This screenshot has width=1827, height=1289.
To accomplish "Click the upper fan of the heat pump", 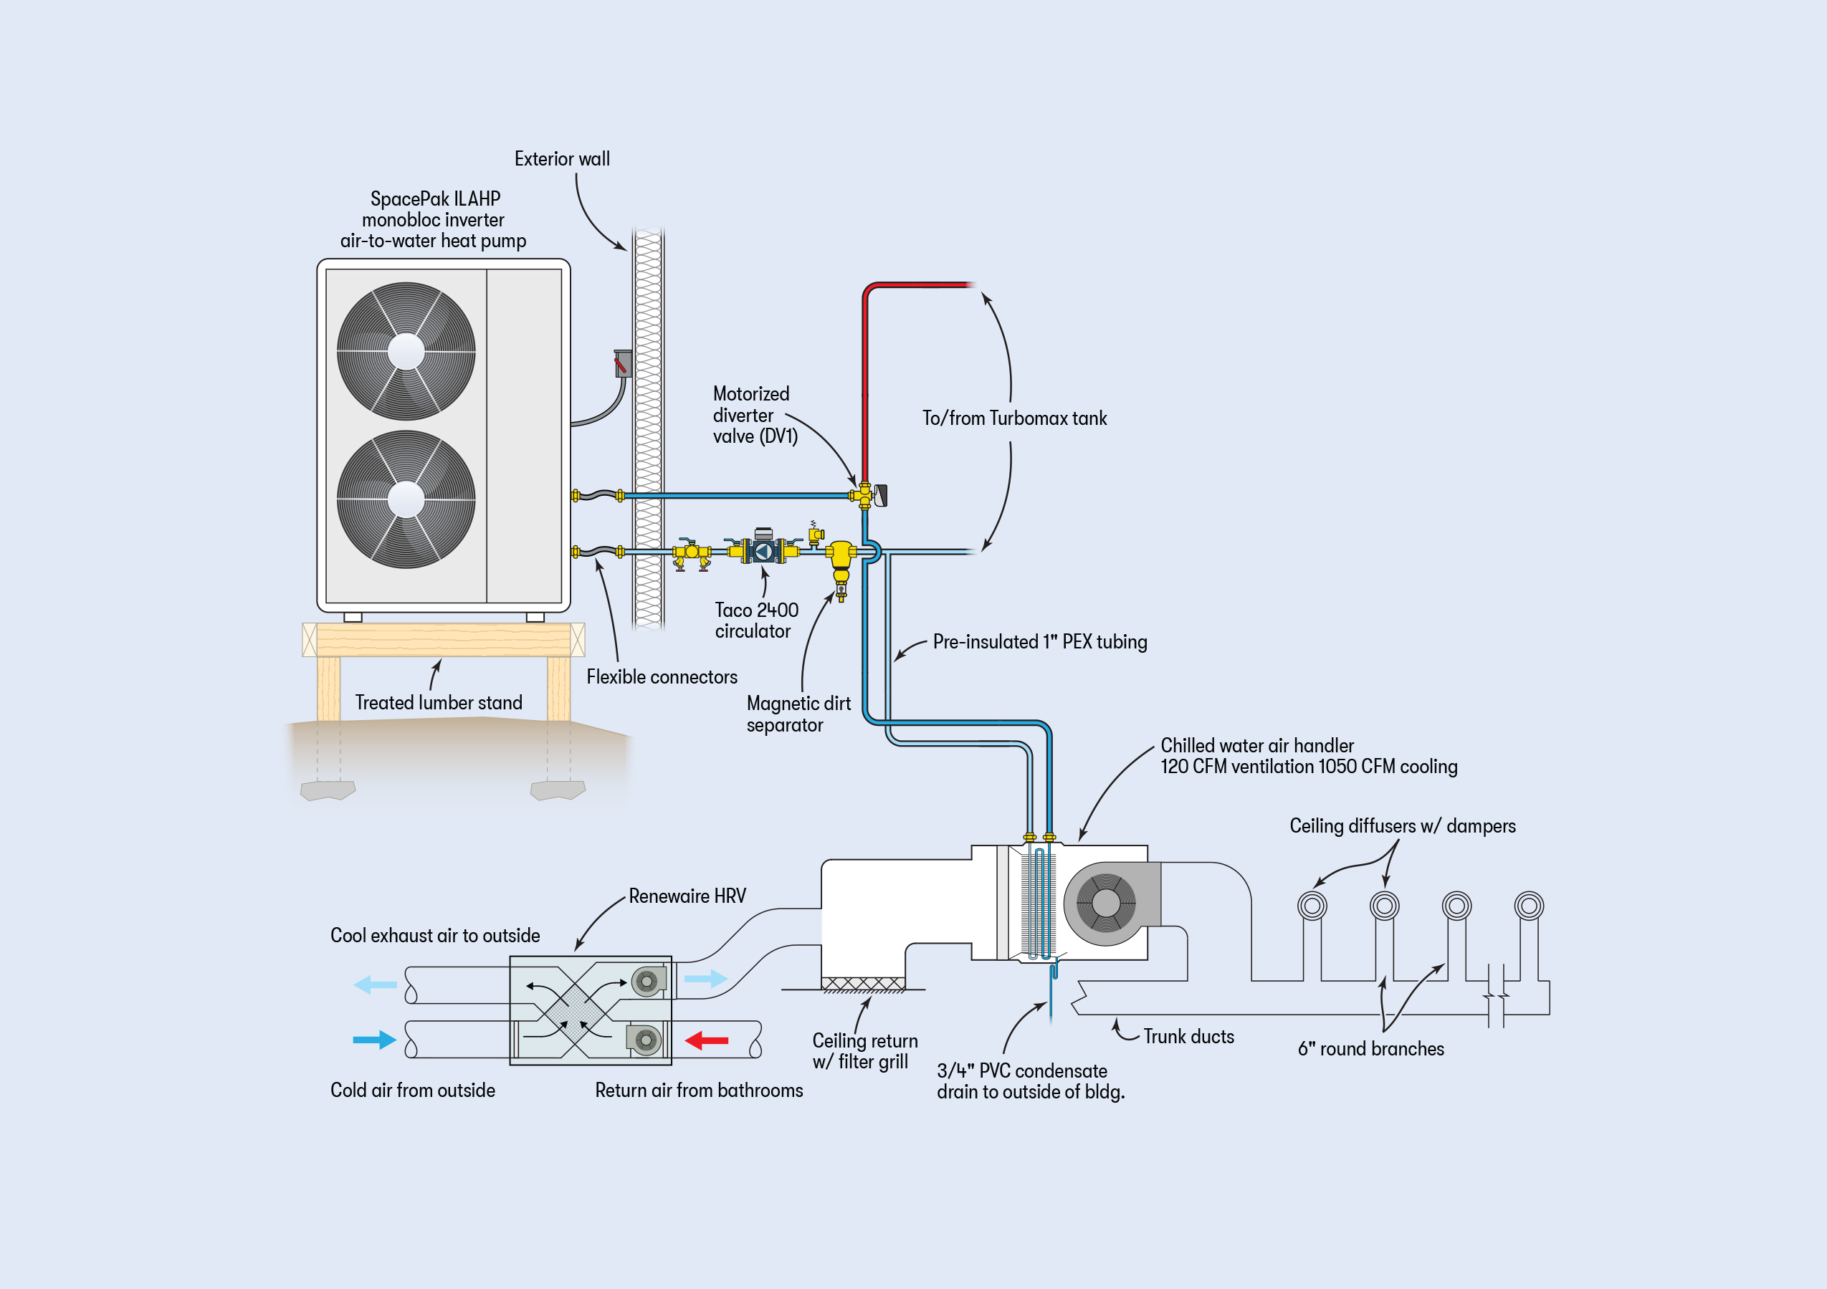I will (406, 351).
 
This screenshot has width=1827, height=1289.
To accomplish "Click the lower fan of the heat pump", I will (406, 499).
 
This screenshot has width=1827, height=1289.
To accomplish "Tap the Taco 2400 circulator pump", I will (763, 550).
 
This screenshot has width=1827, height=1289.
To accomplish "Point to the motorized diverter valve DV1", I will (867, 496).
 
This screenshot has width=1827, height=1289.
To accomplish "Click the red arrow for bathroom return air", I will (707, 1040).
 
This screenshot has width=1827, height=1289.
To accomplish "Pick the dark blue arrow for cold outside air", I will (374, 1040).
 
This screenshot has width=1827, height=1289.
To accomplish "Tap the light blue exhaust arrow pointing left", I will (375, 985).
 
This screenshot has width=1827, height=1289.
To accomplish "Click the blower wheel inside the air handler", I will (1105, 903).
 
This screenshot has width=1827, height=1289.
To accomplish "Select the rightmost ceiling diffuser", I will (1529, 906).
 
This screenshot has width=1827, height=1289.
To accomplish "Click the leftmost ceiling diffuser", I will (1312, 906).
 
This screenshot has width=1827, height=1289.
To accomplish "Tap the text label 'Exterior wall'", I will (562, 159).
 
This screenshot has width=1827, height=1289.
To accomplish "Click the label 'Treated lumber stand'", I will (439, 703).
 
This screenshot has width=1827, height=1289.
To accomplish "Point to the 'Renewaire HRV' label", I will (687, 896).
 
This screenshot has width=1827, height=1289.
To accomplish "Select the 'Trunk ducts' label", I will (1189, 1037).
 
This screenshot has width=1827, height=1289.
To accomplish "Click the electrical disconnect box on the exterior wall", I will (623, 363).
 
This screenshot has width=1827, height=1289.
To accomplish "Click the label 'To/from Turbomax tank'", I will (1014, 418).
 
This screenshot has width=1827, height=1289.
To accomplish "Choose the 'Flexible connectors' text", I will (662, 677).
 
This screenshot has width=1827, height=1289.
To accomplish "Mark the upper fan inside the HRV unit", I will (648, 982).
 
